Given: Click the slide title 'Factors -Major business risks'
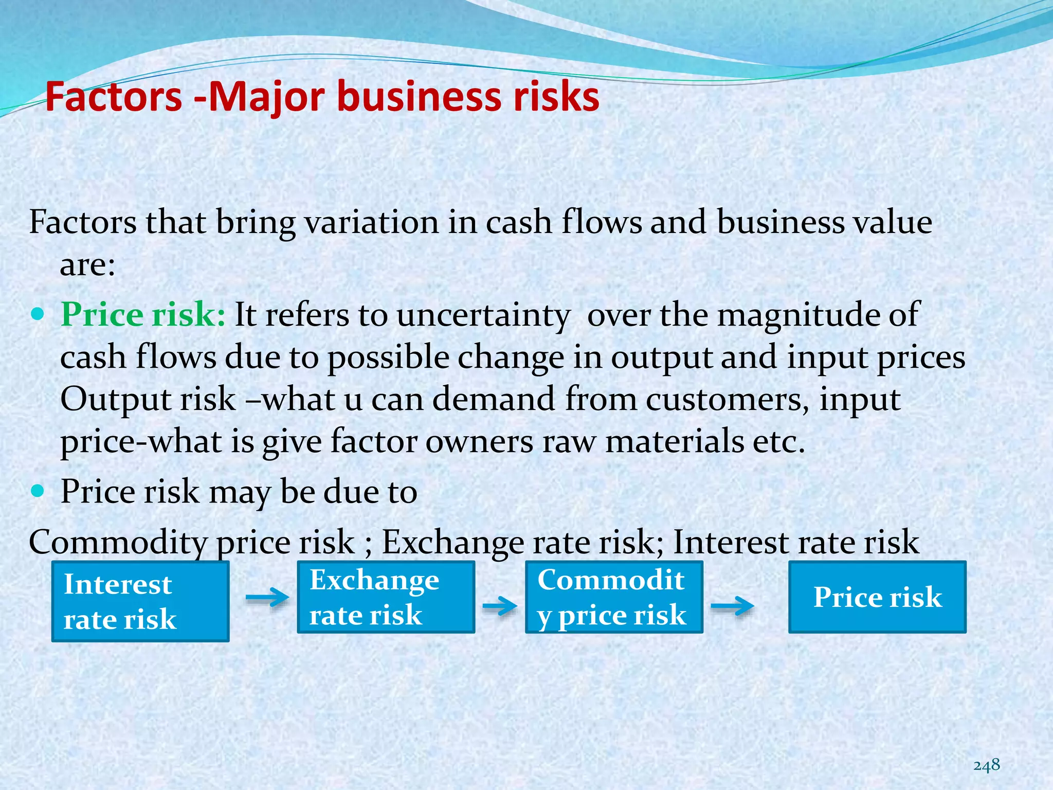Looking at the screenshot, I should click(322, 97).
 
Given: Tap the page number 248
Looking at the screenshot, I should click(986, 765).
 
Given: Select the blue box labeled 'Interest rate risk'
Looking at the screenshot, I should click(140, 601).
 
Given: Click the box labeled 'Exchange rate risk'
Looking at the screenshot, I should click(386, 597).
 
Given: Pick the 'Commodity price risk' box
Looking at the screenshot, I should click(613, 597).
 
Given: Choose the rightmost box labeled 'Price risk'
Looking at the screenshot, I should click(877, 597).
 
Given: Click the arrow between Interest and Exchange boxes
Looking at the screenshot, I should click(267, 598).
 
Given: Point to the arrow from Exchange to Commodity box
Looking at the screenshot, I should click(499, 606).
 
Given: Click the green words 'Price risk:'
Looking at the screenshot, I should click(143, 314).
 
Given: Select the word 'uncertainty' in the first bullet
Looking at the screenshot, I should click(483, 315).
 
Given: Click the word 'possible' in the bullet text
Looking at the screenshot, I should click(388, 357).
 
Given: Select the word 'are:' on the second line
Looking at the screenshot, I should click(87, 265).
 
